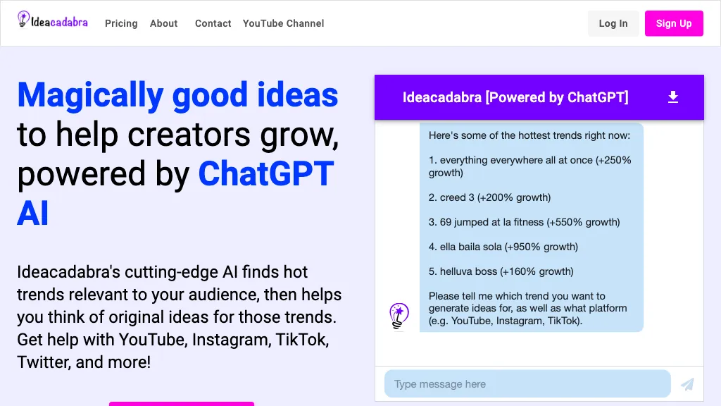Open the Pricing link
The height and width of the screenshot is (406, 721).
(x=121, y=23)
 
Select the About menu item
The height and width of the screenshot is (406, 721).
(x=163, y=23)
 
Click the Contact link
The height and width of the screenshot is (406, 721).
(x=213, y=23)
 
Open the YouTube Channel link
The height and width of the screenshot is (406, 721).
(x=283, y=23)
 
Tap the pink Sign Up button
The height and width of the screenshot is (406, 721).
(x=674, y=23)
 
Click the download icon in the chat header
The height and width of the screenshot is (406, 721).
(x=673, y=97)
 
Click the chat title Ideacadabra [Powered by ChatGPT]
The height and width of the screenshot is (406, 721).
(x=515, y=97)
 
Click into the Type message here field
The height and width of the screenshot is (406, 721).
(x=527, y=384)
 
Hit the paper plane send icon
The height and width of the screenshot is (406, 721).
(x=687, y=384)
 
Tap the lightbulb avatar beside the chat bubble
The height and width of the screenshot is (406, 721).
(x=399, y=316)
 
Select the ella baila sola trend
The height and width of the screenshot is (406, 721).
(x=503, y=247)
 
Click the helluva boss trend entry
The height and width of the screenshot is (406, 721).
(x=501, y=271)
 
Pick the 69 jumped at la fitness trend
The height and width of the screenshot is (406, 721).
(x=525, y=222)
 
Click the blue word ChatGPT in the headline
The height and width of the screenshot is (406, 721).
(x=265, y=173)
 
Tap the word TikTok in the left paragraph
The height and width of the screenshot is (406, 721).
(x=301, y=340)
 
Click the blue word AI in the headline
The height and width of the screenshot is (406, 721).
(x=33, y=213)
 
